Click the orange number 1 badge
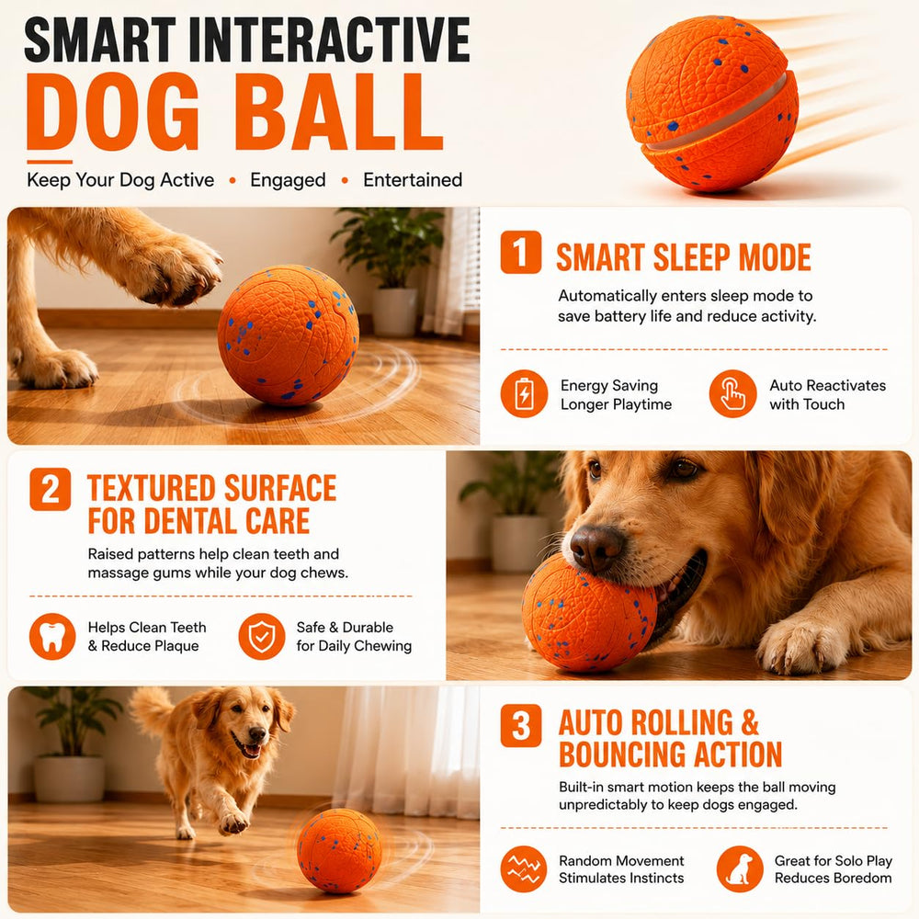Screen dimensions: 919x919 tap(520, 252)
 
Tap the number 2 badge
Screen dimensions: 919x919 tap(51, 489)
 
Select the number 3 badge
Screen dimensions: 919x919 tap(520, 726)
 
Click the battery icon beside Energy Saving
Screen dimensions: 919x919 tap(524, 393)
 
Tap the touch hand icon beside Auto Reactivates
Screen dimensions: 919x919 tap(732, 393)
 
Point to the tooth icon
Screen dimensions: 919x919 tap(52, 637)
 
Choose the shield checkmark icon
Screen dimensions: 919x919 tap(261, 637)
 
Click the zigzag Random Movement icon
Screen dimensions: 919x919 tap(524, 868)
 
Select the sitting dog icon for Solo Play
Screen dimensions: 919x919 tap(740, 868)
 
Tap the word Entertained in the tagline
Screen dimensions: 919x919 tap(413, 180)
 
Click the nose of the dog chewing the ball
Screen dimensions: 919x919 tap(596, 548)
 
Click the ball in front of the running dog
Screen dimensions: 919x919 tap(339, 850)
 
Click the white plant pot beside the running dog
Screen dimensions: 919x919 tap(69, 778)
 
